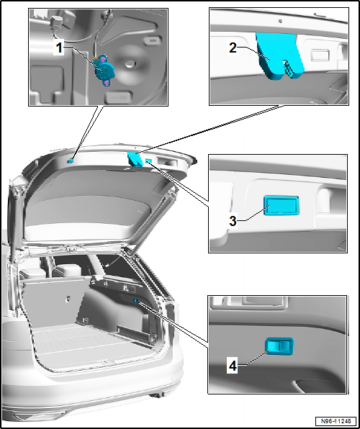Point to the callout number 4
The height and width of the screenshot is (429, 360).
pos(232,365)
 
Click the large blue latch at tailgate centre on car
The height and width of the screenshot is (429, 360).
pos(135,159)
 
